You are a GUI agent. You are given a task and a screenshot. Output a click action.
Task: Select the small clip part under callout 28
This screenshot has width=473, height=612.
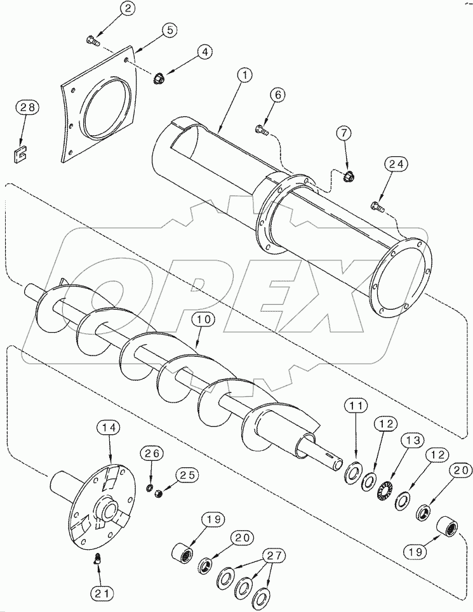coord(23,152)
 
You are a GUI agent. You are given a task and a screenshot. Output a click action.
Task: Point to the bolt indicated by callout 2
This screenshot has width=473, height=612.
coord(92,41)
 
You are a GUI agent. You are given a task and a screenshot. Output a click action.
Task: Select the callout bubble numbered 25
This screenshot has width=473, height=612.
coord(188,474)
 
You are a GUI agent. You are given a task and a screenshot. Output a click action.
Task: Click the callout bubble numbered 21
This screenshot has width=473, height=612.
coord(102,594)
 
